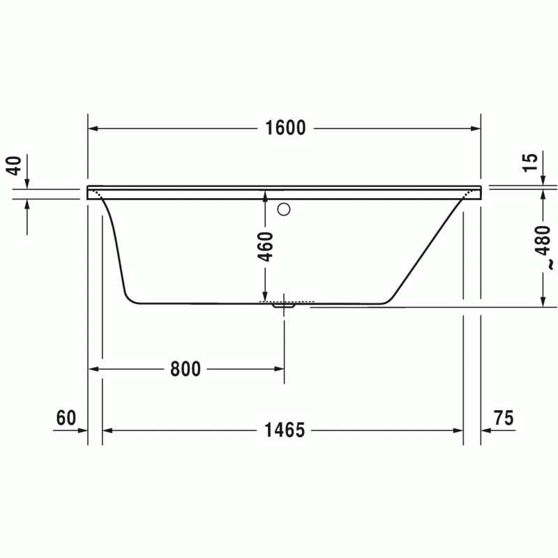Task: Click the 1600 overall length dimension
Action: [285, 128]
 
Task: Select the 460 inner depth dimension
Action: [266, 246]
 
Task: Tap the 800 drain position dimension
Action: [186, 369]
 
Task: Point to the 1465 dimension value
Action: [285, 430]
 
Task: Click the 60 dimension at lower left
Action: [66, 418]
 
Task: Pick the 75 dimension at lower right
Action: [504, 418]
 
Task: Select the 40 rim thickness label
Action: [15, 165]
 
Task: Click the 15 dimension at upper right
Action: [530, 162]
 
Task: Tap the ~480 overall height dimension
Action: [544, 247]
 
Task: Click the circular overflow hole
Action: [284, 209]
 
